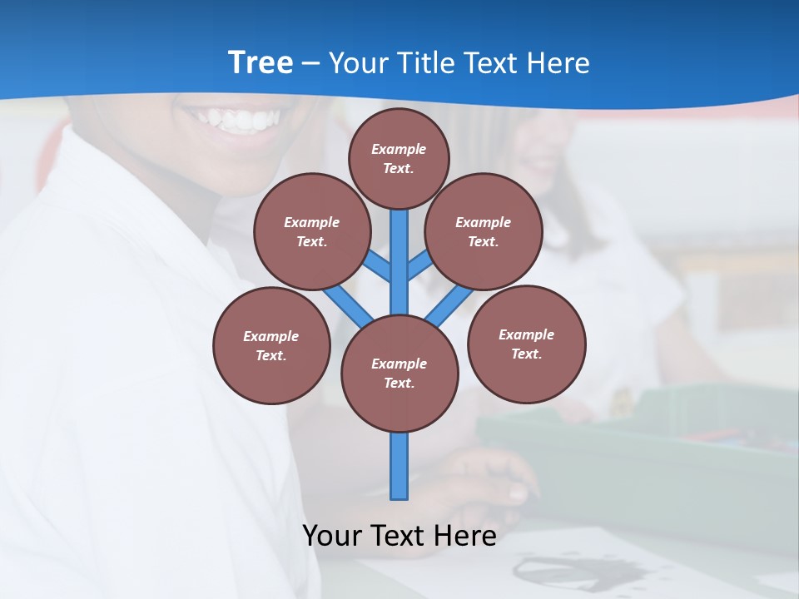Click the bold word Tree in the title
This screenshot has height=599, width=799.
click(260, 63)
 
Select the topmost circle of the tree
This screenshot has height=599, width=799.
click(399, 158)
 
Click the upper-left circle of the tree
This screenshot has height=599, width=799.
click(312, 232)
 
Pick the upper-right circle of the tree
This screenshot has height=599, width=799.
click(484, 232)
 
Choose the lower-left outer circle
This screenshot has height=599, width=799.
click(271, 346)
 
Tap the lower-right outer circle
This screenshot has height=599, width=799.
click(527, 344)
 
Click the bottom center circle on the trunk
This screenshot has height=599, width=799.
click(399, 374)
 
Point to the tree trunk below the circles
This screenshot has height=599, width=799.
click(399, 466)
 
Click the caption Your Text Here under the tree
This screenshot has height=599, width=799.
click(399, 536)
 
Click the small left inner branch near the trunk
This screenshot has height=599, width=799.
click(377, 266)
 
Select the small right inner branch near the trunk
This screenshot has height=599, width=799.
click(419, 265)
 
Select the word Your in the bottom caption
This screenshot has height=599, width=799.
click(332, 536)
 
